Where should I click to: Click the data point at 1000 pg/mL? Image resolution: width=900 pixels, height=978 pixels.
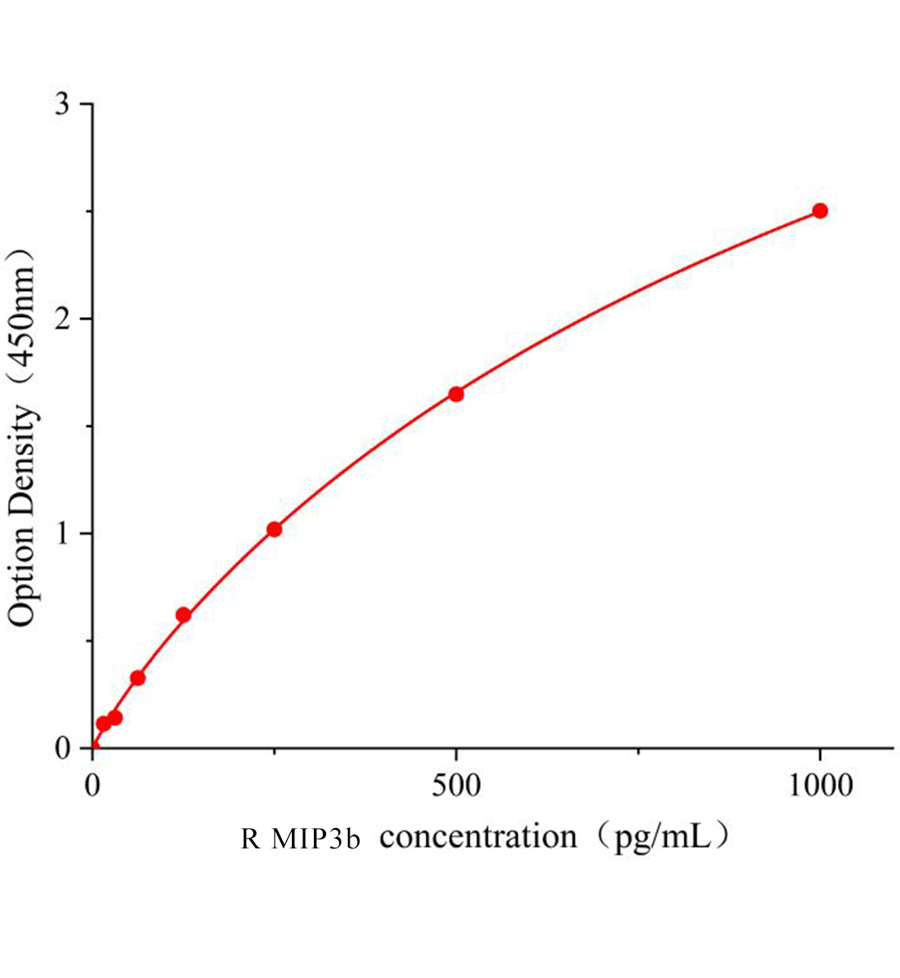[x=819, y=211]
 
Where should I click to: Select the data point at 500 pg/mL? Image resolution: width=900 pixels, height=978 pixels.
[x=456, y=394]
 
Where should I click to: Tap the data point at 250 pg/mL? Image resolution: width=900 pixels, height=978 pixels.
[x=274, y=530]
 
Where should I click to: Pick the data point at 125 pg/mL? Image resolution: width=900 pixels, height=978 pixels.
[x=183, y=615]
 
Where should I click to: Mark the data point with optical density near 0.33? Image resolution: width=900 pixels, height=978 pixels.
[x=138, y=678]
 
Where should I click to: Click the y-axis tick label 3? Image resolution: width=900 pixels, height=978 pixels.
[x=62, y=105]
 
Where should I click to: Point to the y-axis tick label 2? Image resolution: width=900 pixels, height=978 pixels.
[x=62, y=319]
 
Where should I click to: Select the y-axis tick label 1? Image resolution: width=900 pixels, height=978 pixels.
[x=62, y=534]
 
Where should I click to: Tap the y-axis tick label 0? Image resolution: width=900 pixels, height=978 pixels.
[x=62, y=748]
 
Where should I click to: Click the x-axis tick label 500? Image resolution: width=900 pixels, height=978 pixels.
[x=456, y=786]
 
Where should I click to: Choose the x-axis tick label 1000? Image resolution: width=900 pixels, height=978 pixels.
[x=819, y=786]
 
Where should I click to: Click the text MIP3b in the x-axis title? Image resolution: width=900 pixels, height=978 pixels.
[x=315, y=839]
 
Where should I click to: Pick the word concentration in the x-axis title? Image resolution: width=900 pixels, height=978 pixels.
[x=479, y=837]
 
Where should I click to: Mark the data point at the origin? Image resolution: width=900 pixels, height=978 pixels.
[x=93, y=747]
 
